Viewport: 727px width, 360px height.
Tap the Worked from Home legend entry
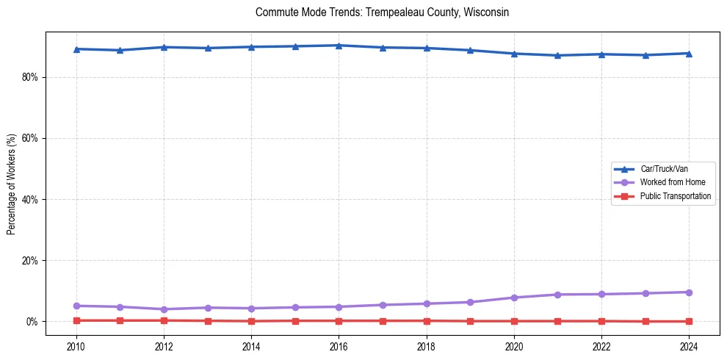(668, 182)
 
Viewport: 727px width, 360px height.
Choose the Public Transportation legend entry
(675, 196)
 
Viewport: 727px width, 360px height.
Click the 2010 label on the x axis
(76, 345)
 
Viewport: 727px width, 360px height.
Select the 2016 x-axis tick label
(339, 345)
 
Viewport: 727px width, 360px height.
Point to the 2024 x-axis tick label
(689, 345)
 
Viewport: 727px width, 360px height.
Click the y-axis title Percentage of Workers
(12, 184)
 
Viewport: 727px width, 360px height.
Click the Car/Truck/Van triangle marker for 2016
(339, 46)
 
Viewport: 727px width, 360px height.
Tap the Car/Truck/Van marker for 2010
(76, 49)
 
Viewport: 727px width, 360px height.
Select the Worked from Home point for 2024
(689, 292)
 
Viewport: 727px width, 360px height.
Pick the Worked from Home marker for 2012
(164, 309)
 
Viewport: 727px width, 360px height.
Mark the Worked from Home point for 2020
(514, 298)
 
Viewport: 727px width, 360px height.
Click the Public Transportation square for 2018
(427, 320)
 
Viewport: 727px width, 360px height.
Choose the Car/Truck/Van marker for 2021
(557, 55)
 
